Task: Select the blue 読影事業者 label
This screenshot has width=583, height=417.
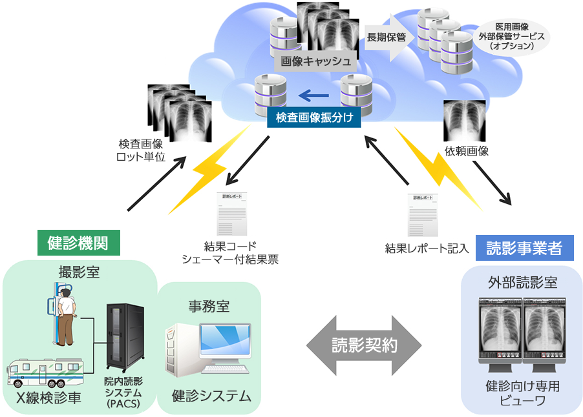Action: pyautogui.click(x=524, y=248)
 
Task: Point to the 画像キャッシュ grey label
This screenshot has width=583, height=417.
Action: pyautogui.click(x=315, y=62)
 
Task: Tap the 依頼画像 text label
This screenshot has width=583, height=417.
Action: pyautogui.click(x=467, y=150)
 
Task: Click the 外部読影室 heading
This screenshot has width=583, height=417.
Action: pyautogui.click(x=523, y=283)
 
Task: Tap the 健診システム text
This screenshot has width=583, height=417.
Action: pyautogui.click(x=211, y=396)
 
